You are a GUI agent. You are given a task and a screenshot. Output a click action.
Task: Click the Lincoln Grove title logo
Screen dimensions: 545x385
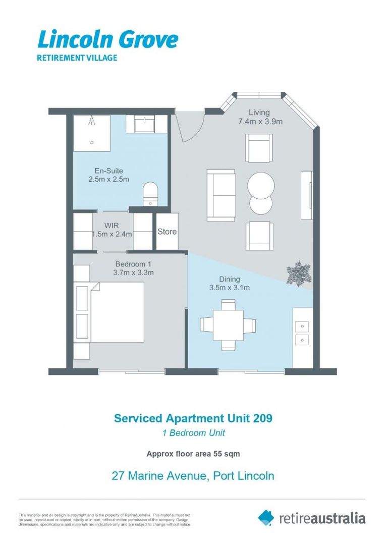(107, 39)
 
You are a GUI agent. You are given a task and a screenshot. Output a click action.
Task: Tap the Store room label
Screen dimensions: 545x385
(167, 232)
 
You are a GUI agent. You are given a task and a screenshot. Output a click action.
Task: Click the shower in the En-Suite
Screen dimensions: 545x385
(91, 132)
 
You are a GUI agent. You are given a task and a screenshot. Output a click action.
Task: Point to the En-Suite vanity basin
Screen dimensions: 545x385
(146, 124)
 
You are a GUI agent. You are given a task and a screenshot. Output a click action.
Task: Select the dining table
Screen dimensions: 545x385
(228, 325)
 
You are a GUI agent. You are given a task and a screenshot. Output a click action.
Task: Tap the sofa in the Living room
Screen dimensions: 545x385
(221, 195)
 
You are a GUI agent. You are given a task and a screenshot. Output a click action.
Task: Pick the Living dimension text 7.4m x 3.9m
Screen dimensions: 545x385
(260, 122)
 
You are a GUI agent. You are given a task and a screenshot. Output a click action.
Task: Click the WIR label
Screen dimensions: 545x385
(112, 230)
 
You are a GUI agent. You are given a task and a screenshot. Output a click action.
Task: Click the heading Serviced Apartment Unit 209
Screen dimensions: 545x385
(193, 418)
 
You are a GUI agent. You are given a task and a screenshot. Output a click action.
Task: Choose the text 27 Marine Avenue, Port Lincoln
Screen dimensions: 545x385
(193, 475)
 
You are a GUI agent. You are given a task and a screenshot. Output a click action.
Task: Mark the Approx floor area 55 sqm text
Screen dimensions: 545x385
(193, 454)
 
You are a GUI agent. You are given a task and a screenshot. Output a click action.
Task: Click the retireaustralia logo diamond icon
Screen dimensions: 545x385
(266, 517)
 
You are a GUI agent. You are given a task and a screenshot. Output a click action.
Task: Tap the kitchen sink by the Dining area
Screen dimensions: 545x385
(302, 332)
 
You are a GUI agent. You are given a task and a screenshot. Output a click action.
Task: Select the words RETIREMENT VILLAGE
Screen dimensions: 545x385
(77, 58)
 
